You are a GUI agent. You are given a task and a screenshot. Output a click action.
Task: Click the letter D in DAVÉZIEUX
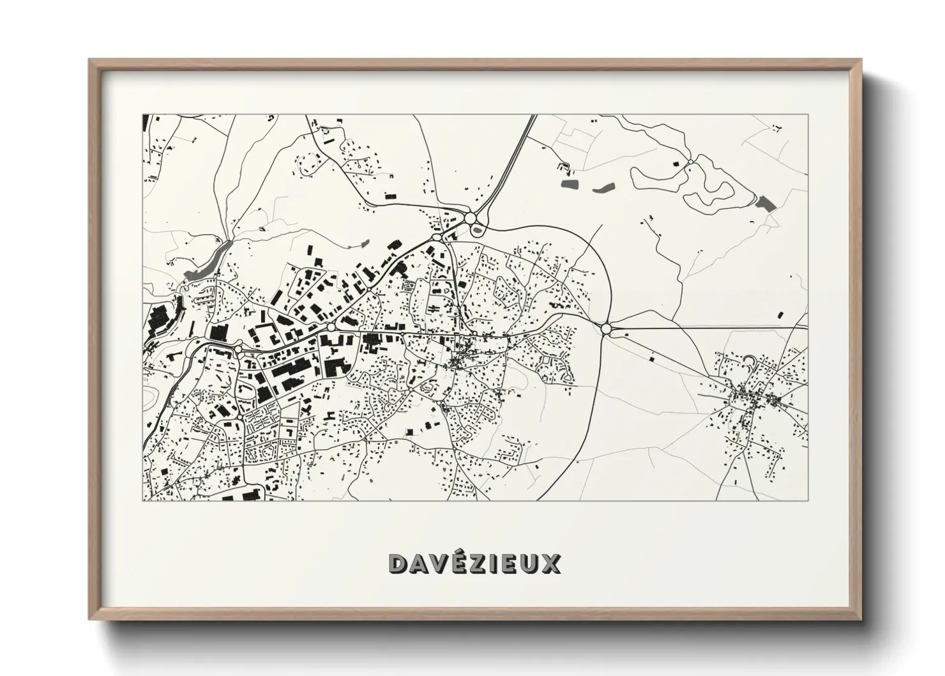397,564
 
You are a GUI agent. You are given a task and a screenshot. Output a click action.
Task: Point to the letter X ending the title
550,564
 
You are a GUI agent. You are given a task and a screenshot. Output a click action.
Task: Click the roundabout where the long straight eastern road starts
606,329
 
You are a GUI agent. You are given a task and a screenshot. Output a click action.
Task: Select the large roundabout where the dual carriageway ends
471,219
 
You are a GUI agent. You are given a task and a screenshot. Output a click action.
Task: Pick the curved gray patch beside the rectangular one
603,188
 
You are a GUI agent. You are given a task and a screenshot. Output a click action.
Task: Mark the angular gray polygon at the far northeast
765,203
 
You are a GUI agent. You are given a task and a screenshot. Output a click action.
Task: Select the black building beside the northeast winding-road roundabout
675,164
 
